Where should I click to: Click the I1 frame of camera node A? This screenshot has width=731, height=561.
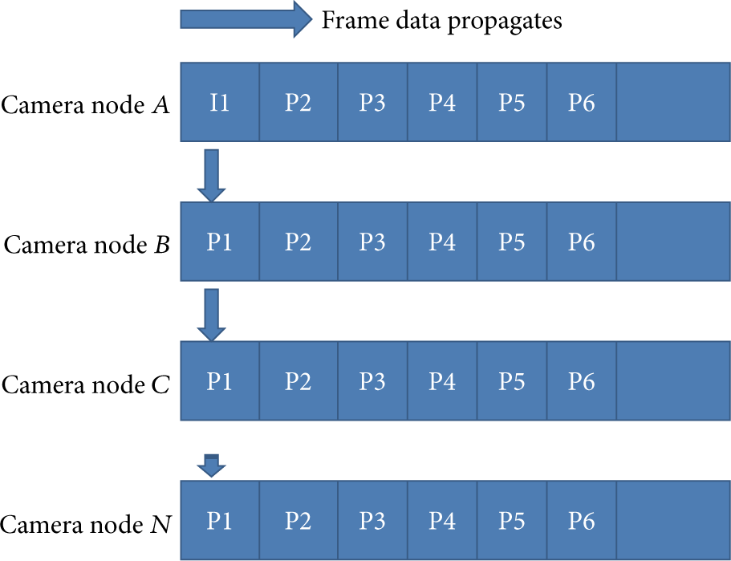[220, 102]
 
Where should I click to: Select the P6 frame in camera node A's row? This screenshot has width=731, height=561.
[582, 102]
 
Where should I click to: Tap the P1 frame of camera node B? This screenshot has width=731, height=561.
[220, 242]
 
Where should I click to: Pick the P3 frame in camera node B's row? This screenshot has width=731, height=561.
[372, 242]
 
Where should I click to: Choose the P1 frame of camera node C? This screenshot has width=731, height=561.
[220, 381]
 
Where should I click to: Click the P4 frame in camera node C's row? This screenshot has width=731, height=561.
[442, 381]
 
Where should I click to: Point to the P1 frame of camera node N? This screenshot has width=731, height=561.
[220, 520]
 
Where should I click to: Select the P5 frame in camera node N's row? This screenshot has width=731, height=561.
[512, 520]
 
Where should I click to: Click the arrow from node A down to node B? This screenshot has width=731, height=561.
[212, 176]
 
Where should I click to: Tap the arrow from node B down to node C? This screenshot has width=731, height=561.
[212, 315]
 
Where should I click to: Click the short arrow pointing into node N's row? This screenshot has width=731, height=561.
[212, 465]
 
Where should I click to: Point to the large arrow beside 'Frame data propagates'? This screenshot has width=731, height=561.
[246, 19]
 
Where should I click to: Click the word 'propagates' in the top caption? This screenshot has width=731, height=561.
[505, 22]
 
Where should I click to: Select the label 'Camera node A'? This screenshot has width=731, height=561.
[85, 105]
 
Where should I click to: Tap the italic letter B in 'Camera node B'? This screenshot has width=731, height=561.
[162, 245]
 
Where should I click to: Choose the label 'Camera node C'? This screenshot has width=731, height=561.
[86, 384]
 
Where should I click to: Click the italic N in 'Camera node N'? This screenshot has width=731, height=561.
[160, 524]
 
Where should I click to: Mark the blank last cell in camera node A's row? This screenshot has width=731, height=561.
[673, 102]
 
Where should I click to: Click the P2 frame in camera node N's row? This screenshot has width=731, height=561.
[298, 520]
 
